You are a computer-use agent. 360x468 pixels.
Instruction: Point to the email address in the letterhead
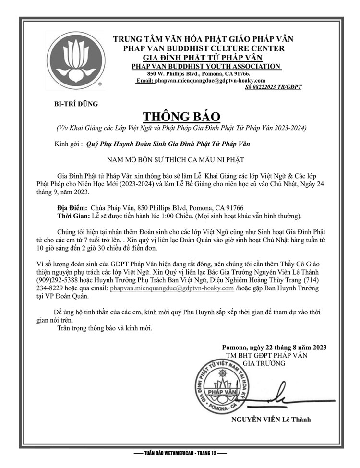pyautogui.click(x=210, y=81)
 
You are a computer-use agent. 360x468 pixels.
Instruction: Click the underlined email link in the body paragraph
pyautogui.click(x=172, y=289)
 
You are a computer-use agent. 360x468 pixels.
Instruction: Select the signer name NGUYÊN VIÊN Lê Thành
pyautogui.click(x=271, y=419)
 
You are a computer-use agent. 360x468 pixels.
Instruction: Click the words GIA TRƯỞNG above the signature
pyautogui.click(x=264, y=363)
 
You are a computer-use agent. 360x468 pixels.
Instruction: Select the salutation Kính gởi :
pyautogui.click(x=69, y=143)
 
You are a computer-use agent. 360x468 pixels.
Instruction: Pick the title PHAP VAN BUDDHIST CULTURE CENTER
pyautogui.click(x=204, y=48)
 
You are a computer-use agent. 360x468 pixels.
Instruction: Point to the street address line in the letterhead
pyautogui.click(x=199, y=73)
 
